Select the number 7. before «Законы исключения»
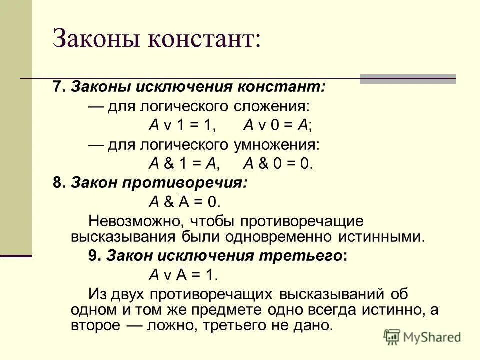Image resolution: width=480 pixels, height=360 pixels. pyautogui.click(x=59, y=87)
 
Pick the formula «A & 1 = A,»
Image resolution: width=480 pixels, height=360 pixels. pyautogui.click(x=185, y=163)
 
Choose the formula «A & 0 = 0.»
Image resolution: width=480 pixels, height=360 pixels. pyautogui.click(x=278, y=163)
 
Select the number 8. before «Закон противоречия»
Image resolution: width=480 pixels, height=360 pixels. pyautogui.click(x=59, y=183)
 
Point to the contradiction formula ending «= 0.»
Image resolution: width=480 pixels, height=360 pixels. pyautogui.click(x=185, y=201)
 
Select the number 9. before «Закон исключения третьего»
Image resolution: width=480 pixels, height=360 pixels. pyautogui.click(x=95, y=255)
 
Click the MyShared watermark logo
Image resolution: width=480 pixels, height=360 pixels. pyautogui.click(x=422, y=337)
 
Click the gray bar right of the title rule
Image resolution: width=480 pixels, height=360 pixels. pyautogui.click(x=408, y=79)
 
